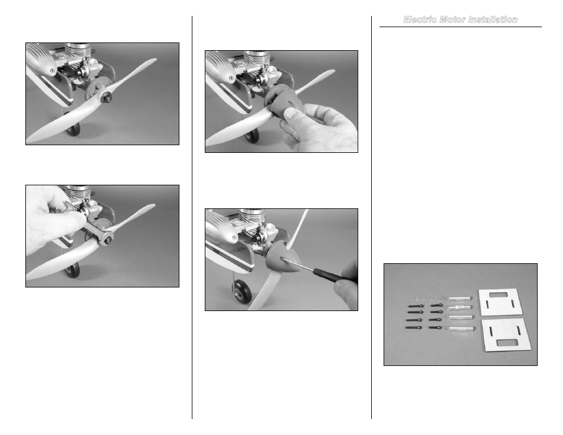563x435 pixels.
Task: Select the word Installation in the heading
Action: (x=493, y=19)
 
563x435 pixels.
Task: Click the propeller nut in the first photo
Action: (x=106, y=97)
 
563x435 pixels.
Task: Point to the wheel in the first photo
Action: (x=74, y=129)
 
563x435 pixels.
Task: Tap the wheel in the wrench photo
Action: (x=73, y=270)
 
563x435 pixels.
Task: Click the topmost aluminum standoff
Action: (x=459, y=298)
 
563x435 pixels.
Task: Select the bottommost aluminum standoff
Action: (x=461, y=328)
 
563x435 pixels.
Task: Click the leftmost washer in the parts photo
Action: (x=417, y=298)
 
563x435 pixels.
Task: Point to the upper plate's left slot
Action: (x=487, y=305)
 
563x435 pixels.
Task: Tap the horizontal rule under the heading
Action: (x=460, y=27)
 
